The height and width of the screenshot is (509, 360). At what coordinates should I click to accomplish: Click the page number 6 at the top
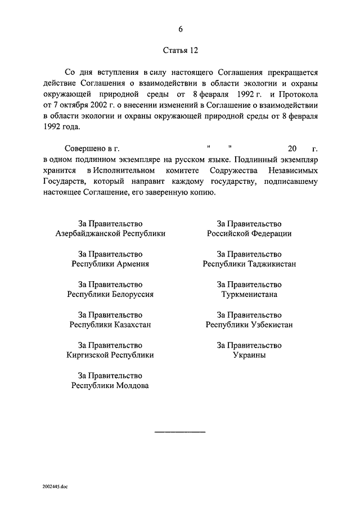coord(181,29)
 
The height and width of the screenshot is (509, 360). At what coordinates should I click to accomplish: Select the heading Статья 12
coord(180,50)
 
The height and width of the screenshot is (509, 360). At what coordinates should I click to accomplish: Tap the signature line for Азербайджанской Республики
coord(110,233)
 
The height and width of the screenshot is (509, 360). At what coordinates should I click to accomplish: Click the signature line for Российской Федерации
coord(249,233)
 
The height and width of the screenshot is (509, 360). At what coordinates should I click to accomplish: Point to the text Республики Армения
coord(110,264)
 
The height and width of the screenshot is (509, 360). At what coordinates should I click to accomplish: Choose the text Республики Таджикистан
coord(249,264)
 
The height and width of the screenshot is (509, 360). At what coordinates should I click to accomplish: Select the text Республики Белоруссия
coord(110,294)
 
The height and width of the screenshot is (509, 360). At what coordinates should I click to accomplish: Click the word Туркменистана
coord(249,294)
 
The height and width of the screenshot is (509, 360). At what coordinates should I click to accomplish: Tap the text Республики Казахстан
coord(110,325)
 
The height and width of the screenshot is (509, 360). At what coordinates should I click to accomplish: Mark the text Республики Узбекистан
coord(249,325)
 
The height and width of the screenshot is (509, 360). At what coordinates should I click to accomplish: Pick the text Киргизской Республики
coord(110,355)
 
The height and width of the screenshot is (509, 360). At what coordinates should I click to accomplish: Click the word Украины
coord(249,355)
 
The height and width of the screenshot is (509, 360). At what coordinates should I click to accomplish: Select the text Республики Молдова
coord(110,385)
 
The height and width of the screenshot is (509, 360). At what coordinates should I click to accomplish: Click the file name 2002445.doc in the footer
coord(54,485)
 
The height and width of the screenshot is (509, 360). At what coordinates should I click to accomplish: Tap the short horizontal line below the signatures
coord(180,431)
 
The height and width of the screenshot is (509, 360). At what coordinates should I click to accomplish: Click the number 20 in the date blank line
coord(291,149)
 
